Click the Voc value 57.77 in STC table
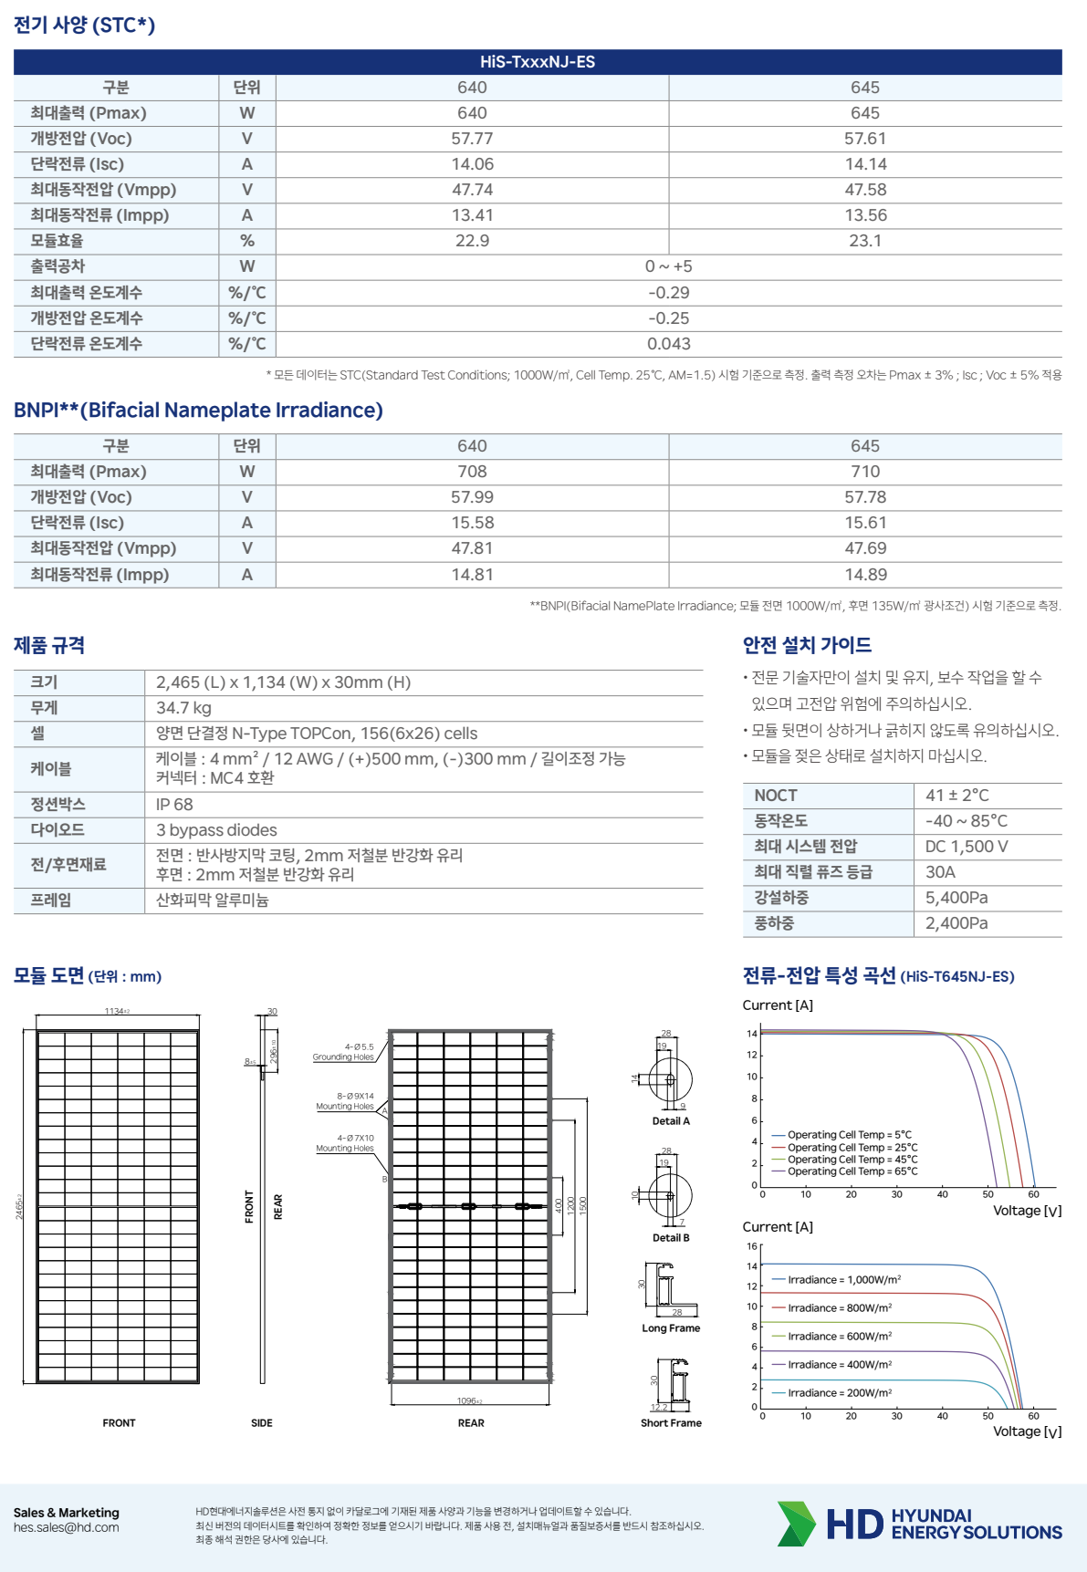(472, 139)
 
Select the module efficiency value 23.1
(864, 241)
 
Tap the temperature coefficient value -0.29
(668, 293)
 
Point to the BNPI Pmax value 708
(472, 472)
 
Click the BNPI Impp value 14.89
(864, 575)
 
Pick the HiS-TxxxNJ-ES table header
(538, 62)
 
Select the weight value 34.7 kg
(183, 708)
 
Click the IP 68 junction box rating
(174, 805)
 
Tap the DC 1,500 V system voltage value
(967, 847)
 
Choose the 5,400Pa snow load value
(956, 898)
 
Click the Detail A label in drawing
(671, 1121)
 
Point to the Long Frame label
(671, 1328)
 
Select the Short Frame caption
(671, 1423)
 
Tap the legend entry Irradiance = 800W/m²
(839, 1308)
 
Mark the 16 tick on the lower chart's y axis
(752, 1246)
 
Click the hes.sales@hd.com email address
(66, 1528)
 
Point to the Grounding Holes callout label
(343, 1057)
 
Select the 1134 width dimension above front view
(116, 1012)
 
